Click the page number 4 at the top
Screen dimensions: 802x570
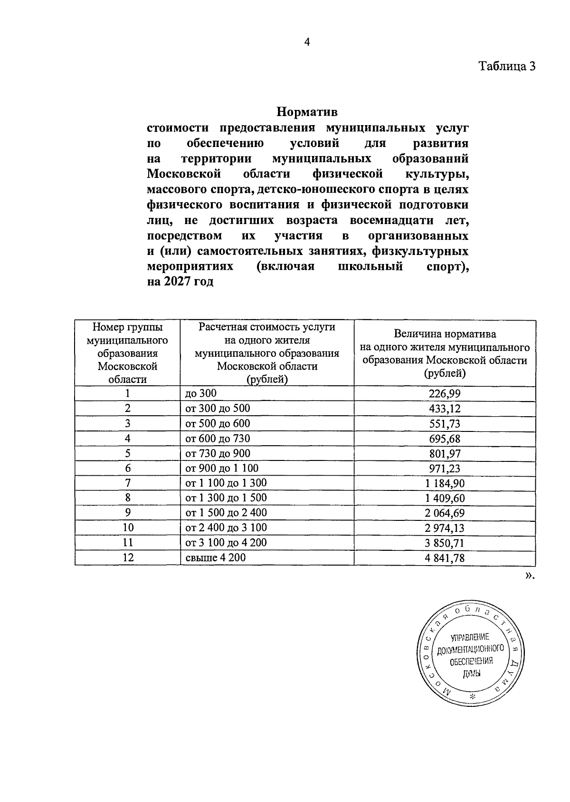(x=307, y=43)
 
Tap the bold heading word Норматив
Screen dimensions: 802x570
(x=307, y=113)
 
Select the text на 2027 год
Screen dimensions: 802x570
(x=180, y=282)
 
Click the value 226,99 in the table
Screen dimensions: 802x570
(x=445, y=393)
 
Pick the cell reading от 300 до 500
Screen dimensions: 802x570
(x=218, y=408)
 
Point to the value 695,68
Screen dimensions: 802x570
(x=445, y=439)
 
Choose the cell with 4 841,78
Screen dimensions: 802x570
(x=445, y=558)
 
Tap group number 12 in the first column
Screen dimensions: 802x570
(x=128, y=557)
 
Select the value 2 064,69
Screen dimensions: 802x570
(x=445, y=513)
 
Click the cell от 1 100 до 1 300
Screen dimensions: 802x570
(x=226, y=483)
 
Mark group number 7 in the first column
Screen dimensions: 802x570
(x=128, y=483)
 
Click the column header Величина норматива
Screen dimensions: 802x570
(x=445, y=334)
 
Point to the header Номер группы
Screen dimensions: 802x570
(x=127, y=327)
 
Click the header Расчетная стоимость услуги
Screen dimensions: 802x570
(x=267, y=327)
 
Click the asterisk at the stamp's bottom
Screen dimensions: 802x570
(x=472, y=697)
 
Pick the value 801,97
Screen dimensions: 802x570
(x=445, y=453)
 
